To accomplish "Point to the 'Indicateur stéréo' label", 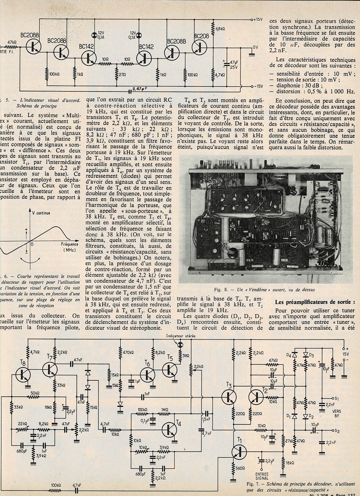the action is coord(181,336).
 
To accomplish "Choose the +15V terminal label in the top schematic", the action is coord(258,19).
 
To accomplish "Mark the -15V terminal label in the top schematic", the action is coord(258,86).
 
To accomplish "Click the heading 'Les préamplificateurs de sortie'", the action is coord(320,302).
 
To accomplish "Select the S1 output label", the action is coord(337,399).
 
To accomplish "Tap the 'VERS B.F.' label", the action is coord(337,413).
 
